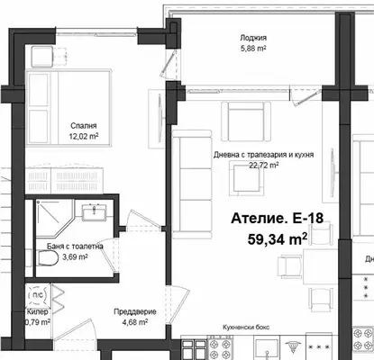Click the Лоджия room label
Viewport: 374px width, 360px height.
(x=253, y=38)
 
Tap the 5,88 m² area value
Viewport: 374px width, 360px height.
(x=253, y=49)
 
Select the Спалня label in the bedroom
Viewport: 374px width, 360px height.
(x=84, y=126)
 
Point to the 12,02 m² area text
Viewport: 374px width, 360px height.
(x=84, y=136)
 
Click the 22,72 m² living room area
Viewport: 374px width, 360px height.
(x=263, y=165)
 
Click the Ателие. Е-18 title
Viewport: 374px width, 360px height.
(x=278, y=218)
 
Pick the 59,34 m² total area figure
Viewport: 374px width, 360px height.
(x=278, y=239)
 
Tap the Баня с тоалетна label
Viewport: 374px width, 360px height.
(x=75, y=247)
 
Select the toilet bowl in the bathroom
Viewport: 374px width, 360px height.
(x=49, y=258)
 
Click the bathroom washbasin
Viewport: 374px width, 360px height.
(x=95, y=211)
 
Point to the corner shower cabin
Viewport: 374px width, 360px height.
(x=55, y=218)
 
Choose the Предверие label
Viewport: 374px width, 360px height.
(x=135, y=311)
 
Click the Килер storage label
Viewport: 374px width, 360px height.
(x=37, y=312)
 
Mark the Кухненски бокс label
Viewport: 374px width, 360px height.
(x=246, y=328)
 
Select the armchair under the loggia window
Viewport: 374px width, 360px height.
(x=246, y=121)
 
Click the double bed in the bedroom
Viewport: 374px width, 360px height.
(x=68, y=108)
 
